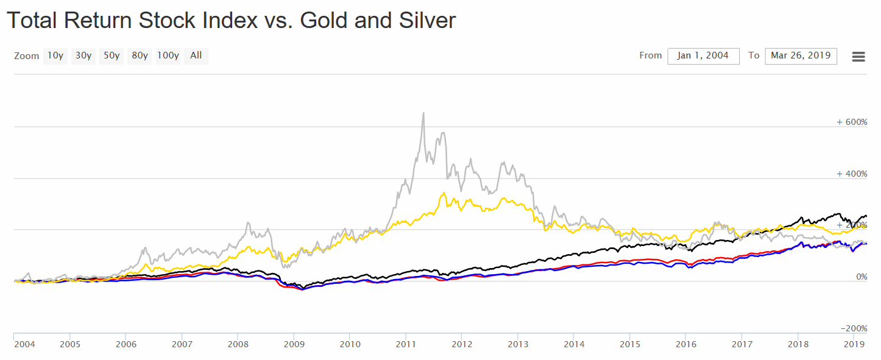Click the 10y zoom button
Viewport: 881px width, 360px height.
55,56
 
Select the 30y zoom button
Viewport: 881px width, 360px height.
83,56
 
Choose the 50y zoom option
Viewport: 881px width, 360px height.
111,56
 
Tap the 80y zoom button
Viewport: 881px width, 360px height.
140,56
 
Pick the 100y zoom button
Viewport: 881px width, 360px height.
168,56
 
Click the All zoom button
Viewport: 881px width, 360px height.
196,56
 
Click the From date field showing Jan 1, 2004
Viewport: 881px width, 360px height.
703,56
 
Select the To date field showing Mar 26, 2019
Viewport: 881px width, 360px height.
801,56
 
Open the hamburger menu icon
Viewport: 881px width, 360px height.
858,57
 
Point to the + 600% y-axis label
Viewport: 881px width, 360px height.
852,122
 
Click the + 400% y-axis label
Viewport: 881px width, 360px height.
852,174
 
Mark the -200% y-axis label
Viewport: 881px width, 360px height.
854,328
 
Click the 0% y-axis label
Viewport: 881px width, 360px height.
862,277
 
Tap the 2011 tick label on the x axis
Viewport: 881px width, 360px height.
406,344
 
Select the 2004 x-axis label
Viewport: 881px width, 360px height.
24,344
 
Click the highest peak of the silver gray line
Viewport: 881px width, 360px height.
423,113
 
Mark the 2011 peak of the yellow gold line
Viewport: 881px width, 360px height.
444,193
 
